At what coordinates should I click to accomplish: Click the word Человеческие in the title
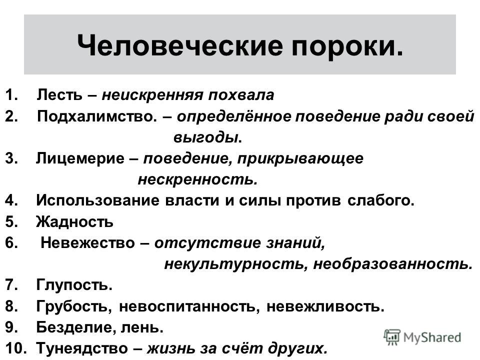(x=180, y=46)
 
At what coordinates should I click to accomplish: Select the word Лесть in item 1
(x=59, y=95)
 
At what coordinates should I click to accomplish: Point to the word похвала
(x=241, y=95)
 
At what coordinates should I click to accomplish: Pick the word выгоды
(x=205, y=137)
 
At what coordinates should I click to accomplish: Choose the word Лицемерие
(x=80, y=158)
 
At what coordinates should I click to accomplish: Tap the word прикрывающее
(x=300, y=158)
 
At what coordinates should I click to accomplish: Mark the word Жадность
(x=74, y=221)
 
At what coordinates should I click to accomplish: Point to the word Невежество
(x=88, y=243)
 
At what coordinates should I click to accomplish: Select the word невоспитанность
(x=187, y=306)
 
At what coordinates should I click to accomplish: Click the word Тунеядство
(x=82, y=348)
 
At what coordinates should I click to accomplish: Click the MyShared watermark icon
(x=392, y=337)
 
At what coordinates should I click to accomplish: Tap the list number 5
(x=11, y=221)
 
